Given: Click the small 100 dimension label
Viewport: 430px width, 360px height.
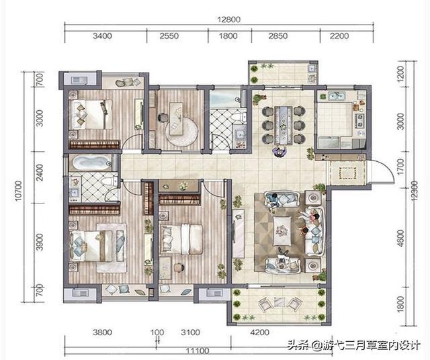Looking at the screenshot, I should pos(158,331).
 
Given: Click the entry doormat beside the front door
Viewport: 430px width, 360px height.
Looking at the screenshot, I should pos(347,172).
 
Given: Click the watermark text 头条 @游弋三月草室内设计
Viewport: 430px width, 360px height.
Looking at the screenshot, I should pos(354,346).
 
